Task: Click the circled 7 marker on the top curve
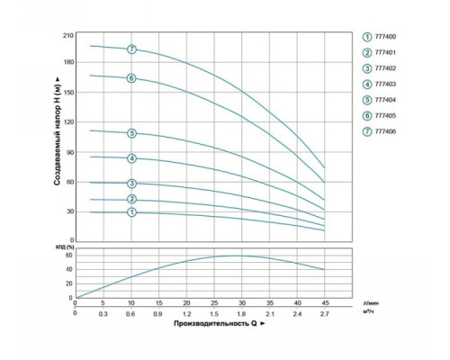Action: [x=131, y=49]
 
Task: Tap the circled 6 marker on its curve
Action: [x=131, y=78]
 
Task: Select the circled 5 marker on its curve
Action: [x=131, y=133]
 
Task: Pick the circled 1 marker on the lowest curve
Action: [x=131, y=212]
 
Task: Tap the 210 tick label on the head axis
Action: [x=68, y=36]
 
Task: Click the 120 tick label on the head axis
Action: [x=68, y=122]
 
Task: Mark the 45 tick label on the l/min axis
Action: [x=325, y=302]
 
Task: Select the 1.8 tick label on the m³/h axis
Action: [x=241, y=314]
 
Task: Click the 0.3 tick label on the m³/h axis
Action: [x=103, y=314]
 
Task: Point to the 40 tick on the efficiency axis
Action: [x=69, y=269]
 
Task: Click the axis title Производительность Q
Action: [x=215, y=323]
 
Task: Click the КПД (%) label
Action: [x=65, y=247]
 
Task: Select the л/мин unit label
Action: [x=371, y=303]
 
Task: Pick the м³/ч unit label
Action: [x=369, y=311]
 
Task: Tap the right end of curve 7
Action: [x=324, y=167]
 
